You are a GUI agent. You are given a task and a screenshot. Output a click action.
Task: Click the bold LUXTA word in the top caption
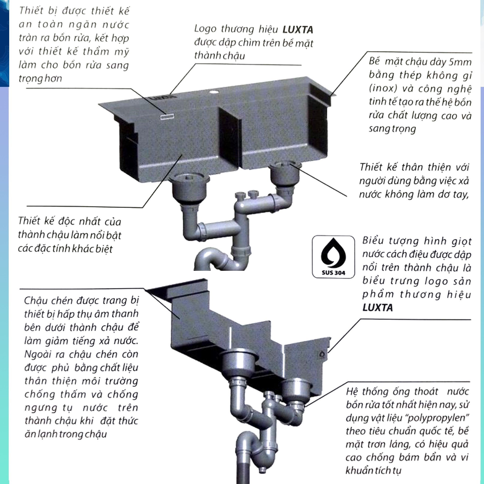[298, 30]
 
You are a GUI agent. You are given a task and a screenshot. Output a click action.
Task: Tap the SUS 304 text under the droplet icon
[333, 273]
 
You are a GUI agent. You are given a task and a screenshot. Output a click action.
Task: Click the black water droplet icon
[333, 253]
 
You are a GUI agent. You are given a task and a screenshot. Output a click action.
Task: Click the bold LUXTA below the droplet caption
[378, 308]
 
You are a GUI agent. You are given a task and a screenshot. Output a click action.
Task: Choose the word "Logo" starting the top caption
[205, 29]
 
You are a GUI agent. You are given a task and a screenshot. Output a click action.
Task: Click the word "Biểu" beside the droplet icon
[373, 241]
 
